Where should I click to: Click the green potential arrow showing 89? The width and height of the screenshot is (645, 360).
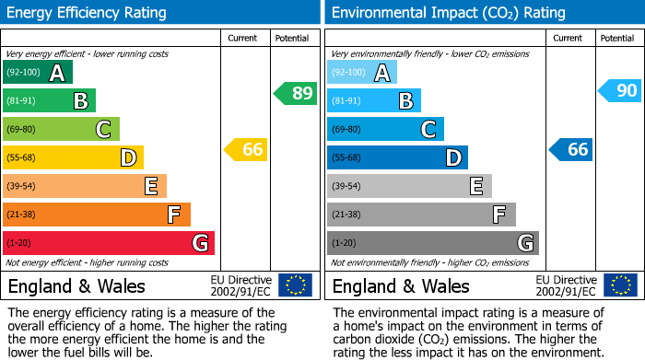295,93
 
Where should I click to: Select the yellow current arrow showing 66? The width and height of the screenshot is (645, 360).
246,149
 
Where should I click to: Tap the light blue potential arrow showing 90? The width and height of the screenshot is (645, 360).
619,90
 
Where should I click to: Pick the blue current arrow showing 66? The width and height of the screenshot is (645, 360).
570,149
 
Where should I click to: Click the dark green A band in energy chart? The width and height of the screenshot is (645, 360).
38,73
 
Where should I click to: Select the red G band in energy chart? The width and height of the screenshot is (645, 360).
109,243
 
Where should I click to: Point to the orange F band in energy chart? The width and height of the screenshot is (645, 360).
97,215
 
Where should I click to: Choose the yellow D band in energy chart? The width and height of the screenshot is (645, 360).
73,157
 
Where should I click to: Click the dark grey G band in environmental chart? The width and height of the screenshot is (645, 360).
432,243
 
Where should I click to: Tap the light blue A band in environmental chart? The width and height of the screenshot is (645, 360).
362,73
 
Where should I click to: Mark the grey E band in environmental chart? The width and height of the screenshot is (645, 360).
409,186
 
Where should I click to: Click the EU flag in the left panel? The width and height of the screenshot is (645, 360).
295,285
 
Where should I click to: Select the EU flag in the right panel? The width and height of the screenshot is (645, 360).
619,285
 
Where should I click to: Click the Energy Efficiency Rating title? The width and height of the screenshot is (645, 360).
88,13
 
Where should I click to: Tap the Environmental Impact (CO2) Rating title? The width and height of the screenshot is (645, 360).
448,13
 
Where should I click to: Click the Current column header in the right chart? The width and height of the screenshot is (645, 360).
569,38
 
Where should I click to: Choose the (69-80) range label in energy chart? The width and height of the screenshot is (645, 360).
23,130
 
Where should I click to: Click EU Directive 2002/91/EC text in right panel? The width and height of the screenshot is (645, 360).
566,285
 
